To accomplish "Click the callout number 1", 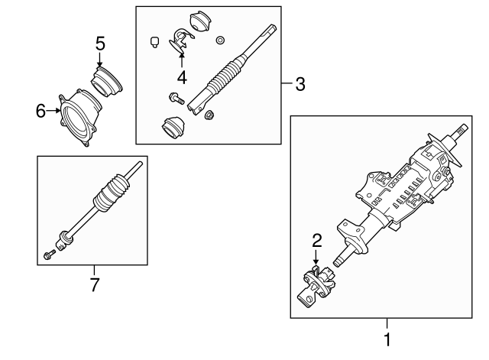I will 387,339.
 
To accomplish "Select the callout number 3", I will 300,84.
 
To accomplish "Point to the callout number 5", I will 100,44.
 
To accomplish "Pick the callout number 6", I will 40,111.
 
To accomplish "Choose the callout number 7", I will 94,285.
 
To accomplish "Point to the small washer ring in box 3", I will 221,39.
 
